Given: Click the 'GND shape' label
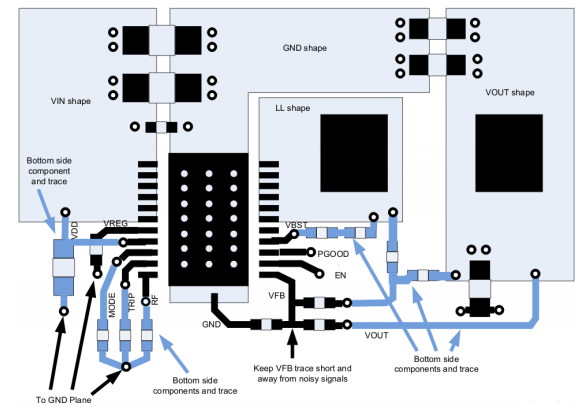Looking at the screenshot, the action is tap(304, 48).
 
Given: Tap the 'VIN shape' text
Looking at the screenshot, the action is tap(71, 101).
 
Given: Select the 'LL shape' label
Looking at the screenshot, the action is tap(292, 108).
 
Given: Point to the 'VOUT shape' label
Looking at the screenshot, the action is tap(510, 93).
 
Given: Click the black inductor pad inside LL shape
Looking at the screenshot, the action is tap(354, 153).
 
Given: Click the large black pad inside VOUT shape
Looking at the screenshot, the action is tap(509, 153).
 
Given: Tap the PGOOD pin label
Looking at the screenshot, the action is tap(333, 254).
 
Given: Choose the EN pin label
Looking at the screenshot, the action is tap(340, 275).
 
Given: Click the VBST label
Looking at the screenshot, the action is tap(296, 225).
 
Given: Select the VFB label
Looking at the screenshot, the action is tap(277, 296).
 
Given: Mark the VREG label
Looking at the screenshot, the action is tap(115, 223).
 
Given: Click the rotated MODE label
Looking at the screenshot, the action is tap(112, 305).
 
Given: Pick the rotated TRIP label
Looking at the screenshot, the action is tap(132, 302).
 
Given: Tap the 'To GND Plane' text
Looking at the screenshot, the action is tap(63, 400).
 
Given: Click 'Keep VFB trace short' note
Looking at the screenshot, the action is tap(302, 374).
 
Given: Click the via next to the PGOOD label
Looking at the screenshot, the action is tap(311, 253).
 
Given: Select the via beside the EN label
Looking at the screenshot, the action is tap(319, 274).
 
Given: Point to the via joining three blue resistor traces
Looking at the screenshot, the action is tap(126, 366).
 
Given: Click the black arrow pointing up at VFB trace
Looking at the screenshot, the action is tap(293, 344).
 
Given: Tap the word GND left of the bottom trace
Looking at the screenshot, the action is tap(211, 325).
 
